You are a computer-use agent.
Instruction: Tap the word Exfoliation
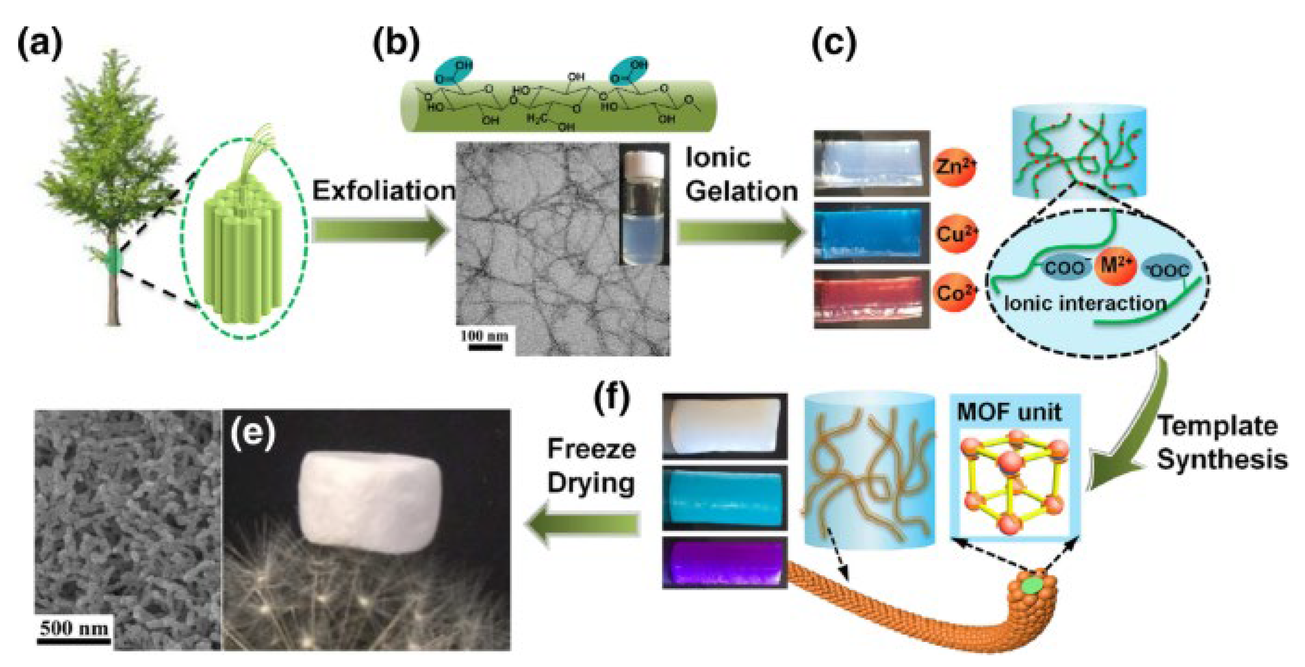click(384, 191)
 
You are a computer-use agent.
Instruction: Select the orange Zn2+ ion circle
click(954, 166)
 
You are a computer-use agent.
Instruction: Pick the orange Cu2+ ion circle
click(956, 234)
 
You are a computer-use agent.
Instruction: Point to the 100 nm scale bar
click(485, 348)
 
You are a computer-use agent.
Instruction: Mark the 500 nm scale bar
click(74, 641)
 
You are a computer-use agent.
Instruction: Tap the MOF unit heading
click(1009, 412)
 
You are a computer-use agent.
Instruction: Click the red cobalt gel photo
click(871, 299)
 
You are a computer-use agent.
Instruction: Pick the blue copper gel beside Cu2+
click(871, 233)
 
